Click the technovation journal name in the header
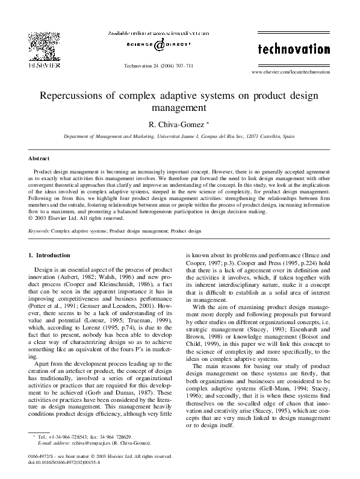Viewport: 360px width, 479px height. click(294, 48)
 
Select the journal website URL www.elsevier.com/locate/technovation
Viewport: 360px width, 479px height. click(294, 72)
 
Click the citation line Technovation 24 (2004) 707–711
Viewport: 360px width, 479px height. click(158, 64)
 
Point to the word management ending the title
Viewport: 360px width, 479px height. click(179, 108)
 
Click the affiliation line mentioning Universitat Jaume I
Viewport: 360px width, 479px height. click(179, 138)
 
